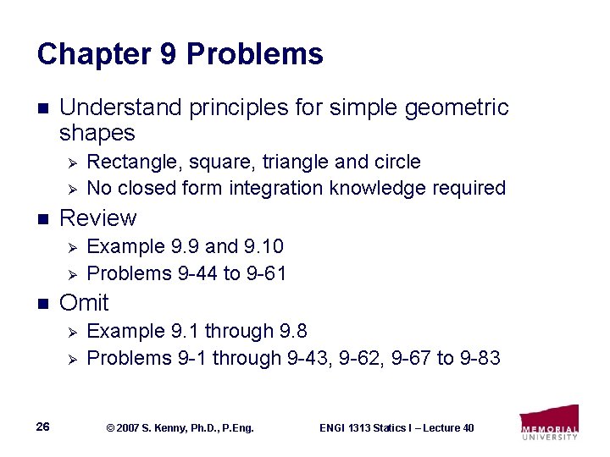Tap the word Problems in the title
click(x=254, y=55)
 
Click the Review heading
click(x=97, y=218)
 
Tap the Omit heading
click(x=84, y=303)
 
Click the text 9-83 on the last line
click(x=480, y=358)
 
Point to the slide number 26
click(x=43, y=427)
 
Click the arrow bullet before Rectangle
click(x=72, y=162)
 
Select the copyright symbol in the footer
click(x=109, y=428)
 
